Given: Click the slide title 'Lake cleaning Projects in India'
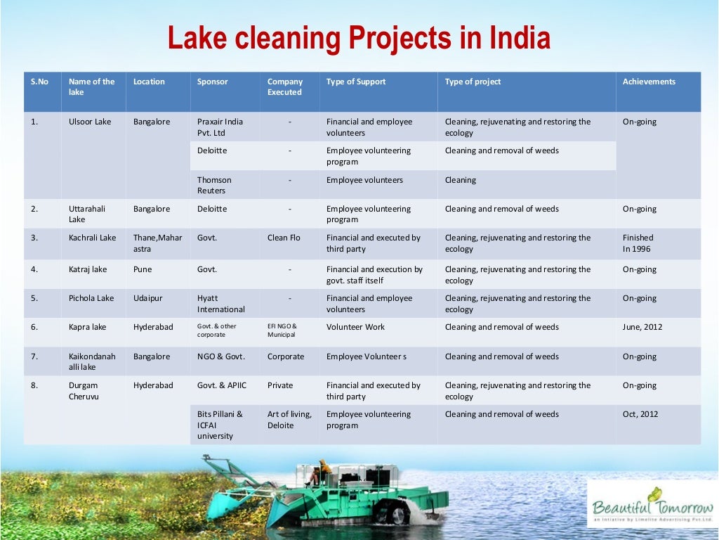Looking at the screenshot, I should click(x=359, y=38).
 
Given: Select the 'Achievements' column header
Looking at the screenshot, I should click(x=649, y=82).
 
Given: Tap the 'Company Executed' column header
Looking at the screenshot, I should click(x=285, y=87).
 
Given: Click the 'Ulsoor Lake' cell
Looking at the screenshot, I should click(x=90, y=122).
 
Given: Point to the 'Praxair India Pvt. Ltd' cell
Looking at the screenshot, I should click(x=220, y=127).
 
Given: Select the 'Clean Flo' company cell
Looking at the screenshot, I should click(x=284, y=238).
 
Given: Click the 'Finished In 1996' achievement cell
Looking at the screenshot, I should click(x=638, y=243).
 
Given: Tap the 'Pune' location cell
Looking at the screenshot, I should click(x=143, y=269).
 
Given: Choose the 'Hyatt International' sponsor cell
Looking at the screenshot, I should click(x=220, y=304).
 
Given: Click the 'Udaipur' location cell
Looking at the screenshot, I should click(x=147, y=298).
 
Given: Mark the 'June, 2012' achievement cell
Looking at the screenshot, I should click(x=642, y=327).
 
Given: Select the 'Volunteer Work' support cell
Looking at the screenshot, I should click(x=355, y=327).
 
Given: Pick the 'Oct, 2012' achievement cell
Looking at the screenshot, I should click(x=640, y=414).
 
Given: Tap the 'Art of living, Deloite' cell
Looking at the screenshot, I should click(x=289, y=420).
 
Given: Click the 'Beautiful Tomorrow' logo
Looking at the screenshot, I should click(x=652, y=504).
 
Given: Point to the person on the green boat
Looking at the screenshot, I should click(x=324, y=470).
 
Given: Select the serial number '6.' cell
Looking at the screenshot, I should click(x=34, y=327).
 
